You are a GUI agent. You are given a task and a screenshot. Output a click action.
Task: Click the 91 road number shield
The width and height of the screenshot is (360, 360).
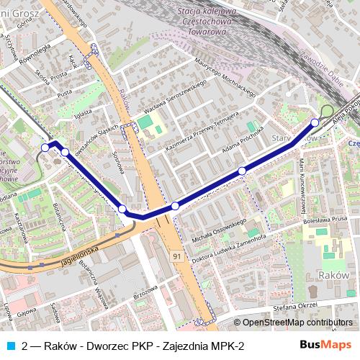(x=176, y=256)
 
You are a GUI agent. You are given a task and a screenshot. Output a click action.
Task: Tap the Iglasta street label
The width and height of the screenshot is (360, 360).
(x=84, y=114)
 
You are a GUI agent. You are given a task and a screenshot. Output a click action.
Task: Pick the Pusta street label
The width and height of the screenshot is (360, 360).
(x=64, y=94)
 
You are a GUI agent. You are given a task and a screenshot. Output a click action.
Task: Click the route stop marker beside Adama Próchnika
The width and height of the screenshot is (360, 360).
(x=243, y=171)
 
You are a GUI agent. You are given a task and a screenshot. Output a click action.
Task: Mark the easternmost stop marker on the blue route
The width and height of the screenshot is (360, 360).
(x=315, y=122)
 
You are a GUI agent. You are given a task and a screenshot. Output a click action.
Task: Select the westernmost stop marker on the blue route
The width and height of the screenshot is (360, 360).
(x=45, y=147)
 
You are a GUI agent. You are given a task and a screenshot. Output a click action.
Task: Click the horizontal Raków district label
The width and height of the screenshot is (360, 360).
(x=333, y=275)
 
